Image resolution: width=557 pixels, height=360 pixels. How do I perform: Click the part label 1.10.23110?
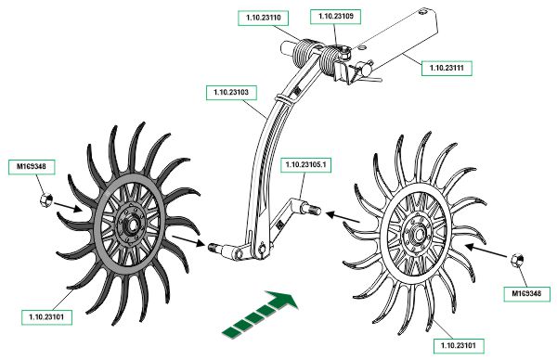[x=263, y=18]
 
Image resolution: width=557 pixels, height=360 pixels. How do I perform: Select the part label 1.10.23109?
[x=335, y=17]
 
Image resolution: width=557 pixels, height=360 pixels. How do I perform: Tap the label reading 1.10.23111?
[x=447, y=68]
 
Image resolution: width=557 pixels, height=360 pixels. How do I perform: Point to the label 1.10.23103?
[x=231, y=92]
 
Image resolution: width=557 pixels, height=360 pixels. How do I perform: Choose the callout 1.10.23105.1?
[x=305, y=165]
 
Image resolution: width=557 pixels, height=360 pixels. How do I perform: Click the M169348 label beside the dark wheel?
[x=32, y=166]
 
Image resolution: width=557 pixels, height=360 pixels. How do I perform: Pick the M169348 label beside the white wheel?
[x=526, y=293]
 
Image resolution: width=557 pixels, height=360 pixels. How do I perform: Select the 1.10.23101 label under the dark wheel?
[x=46, y=317]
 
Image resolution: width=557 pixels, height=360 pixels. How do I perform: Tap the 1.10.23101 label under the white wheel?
[x=459, y=345]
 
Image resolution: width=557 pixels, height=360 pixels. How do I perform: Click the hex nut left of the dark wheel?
[x=46, y=200]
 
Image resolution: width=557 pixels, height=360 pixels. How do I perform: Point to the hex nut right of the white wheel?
[x=517, y=260]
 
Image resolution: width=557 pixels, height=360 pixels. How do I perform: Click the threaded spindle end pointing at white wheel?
[x=313, y=210]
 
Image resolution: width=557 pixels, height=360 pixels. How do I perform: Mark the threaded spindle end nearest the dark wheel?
[x=214, y=247]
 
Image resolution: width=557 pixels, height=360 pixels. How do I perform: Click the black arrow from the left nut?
[x=68, y=207]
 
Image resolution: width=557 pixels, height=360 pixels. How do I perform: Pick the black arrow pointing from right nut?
[x=486, y=251]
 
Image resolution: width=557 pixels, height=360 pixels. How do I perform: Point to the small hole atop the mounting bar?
[x=421, y=13]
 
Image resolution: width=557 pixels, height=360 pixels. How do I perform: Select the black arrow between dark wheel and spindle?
[x=188, y=240]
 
